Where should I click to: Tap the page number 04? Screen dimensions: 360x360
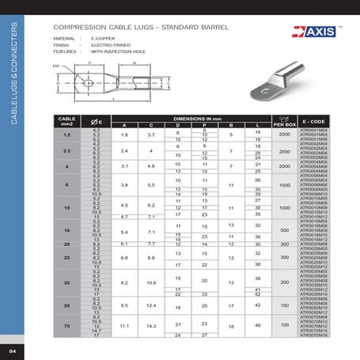[x=13, y=350]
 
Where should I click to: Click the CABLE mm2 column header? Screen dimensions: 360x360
[x=66, y=120]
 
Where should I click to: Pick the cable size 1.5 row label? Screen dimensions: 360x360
[x=66, y=135]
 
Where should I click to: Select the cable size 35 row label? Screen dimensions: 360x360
[x=66, y=282]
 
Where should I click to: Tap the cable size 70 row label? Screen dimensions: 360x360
[x=66, y=324]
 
